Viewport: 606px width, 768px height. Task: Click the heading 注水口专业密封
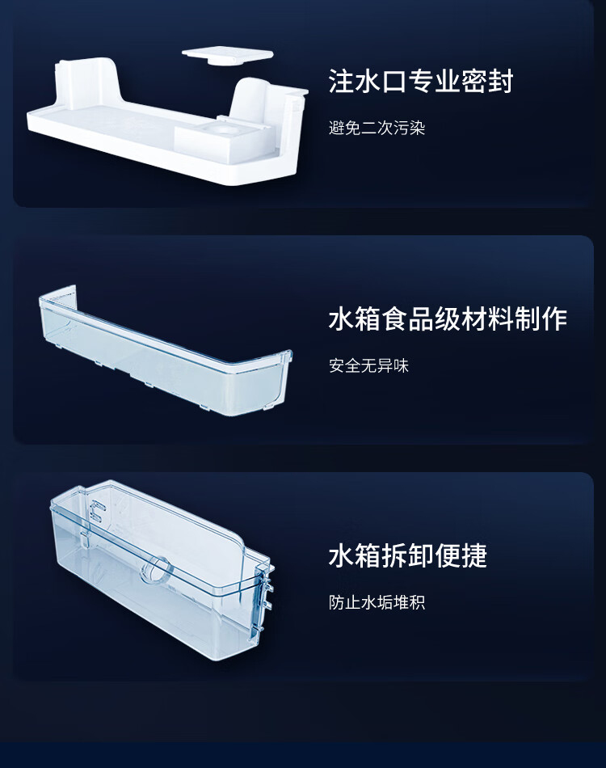pos(421,82)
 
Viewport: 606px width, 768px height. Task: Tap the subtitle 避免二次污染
pos(377,129)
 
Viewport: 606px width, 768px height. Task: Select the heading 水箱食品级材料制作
pos(448,319)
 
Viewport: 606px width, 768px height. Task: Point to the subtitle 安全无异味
pos(368,365)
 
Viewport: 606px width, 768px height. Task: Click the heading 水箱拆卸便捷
pos(408,555)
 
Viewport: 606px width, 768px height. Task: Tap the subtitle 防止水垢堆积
pos(377,602)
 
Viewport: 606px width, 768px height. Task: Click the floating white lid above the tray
pos(228,57)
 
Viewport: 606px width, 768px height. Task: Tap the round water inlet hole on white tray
pos(224,131)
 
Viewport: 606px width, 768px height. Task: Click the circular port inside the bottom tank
pos(156,570)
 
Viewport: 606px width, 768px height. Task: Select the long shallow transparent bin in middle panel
pos(166,352)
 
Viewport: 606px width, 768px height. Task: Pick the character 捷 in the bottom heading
pos(474,555)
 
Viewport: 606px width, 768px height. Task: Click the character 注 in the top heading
pos(341,82)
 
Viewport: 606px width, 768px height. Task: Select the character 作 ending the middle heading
pos(554,319)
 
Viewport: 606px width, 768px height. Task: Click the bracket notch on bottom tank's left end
pos(98,513)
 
